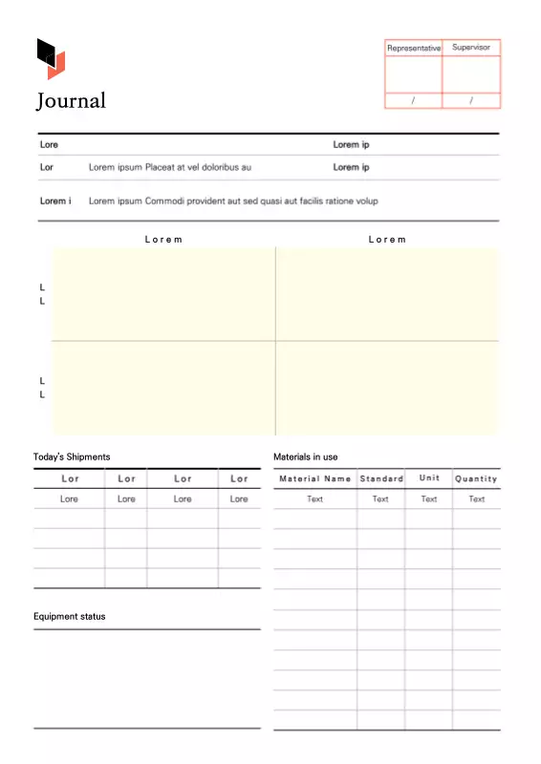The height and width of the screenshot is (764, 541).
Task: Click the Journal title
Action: [72, 100]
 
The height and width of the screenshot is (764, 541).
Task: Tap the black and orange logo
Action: [51, 58]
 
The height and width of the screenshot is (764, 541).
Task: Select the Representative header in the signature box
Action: [414, 47]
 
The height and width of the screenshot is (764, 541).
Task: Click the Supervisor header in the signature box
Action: [471, 47]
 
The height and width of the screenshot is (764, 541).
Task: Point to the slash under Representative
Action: [413, 100]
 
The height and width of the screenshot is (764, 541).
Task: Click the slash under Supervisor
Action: [471, 100]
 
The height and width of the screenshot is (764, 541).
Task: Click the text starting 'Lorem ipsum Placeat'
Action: [170, 167]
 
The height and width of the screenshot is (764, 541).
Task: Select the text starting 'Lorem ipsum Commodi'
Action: [233, 202]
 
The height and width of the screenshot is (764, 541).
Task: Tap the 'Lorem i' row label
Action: [55, 202]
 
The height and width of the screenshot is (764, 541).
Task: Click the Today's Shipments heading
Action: [72, 457]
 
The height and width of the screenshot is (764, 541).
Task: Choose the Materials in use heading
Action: [306, 457]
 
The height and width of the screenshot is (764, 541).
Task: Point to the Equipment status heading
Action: [70, 617]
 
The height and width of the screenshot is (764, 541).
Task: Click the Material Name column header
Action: [315, 478]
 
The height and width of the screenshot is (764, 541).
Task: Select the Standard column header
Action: [381, 478]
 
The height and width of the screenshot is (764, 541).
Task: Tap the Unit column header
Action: [429, 478]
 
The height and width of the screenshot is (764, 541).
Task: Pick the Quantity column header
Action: [476, 478]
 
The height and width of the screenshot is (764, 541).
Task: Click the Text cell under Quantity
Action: [476, 499]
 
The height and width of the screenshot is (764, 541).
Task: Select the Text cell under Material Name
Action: [315, 499]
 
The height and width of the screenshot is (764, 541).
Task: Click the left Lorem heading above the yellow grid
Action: [163, 240]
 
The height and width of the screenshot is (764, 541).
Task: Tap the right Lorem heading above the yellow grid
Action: [387, 240]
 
